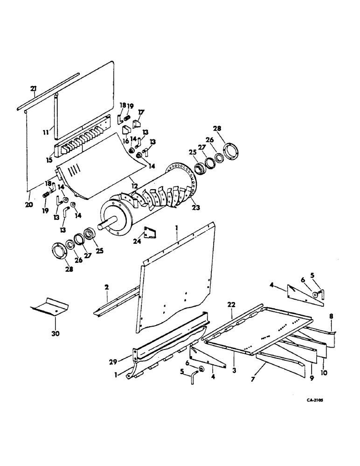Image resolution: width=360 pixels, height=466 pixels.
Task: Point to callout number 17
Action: pyautogui.click(x=141, y=112)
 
